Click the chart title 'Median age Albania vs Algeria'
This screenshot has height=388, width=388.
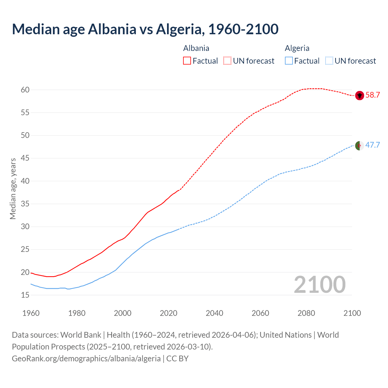(x=145, y=29)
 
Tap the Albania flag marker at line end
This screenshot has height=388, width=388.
(x=360, y=95)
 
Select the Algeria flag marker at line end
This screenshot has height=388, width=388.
(x=360, y=145)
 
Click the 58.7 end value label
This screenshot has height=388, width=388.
(x=373, y=95)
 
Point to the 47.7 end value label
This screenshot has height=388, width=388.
(x=373, y=145)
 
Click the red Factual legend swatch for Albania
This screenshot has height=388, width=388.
(x=187, y=61)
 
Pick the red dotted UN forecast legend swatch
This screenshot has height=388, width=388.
(x=227, y=61)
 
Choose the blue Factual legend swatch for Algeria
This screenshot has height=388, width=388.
(x=289, y=61)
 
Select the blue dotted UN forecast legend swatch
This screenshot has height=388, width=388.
(x=329, y=61)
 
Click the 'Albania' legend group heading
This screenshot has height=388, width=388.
(x=196, y=48)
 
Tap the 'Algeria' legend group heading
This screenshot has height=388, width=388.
(x=297, y=48)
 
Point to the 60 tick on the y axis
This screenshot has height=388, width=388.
(x=25, y=90)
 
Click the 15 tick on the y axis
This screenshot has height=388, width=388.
(x=25, y=295)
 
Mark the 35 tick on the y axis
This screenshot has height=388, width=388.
(x=25, y=204)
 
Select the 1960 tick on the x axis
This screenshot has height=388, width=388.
(x=31, y=313)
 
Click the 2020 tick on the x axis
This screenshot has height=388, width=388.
(x=169, y=313)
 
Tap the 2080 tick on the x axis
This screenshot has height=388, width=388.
(x=306, y=313)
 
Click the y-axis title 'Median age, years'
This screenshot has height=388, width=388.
(x=13, y=189)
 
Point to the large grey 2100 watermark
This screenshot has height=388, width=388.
(x=320, y=285)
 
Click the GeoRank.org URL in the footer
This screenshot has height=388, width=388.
(x=86, y=359)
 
